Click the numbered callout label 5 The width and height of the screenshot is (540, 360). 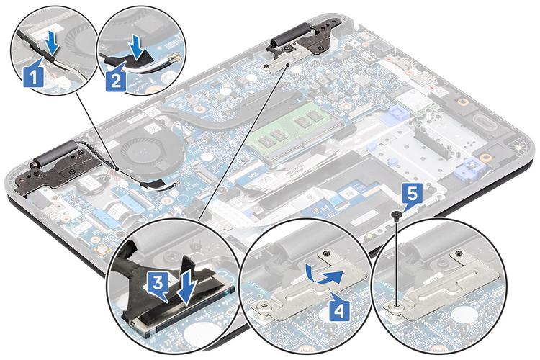point(413,196)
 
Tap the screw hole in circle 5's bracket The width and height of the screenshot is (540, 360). point(397,305)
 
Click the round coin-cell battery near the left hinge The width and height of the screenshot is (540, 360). point(89,184)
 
